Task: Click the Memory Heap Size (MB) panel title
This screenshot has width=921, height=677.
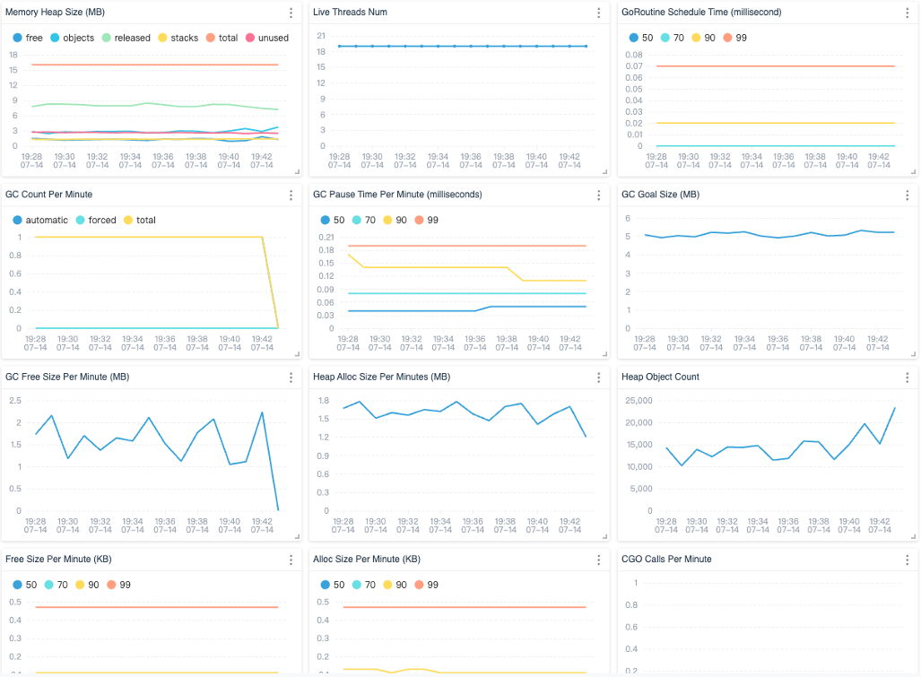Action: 55,12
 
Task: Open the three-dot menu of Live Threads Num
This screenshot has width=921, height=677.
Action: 598,13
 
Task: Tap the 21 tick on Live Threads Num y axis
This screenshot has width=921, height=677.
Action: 321,34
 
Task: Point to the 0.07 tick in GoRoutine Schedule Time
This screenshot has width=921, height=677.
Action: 634,65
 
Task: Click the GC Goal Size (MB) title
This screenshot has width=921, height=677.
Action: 660,194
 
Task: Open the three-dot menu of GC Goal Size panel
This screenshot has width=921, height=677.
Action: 906,195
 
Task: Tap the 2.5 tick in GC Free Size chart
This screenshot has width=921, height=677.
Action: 16,398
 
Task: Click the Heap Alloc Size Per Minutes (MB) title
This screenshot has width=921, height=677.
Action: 380,377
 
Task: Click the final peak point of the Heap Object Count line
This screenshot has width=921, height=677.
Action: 894,408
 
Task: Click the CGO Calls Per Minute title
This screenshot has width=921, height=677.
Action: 666,559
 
